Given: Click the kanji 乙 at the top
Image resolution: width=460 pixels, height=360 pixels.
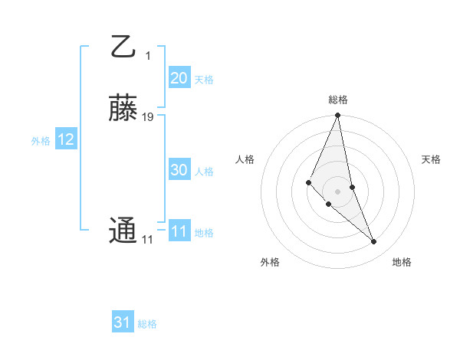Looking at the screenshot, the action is pos(123,46).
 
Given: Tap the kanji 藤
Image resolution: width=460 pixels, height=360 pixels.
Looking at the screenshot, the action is pos(123,109).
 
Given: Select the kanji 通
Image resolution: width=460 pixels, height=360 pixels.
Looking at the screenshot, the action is pos(123,231).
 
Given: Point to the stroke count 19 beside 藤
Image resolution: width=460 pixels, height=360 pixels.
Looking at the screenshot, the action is pos(148,117).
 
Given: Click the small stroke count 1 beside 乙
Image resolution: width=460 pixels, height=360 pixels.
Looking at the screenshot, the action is pos(148,55).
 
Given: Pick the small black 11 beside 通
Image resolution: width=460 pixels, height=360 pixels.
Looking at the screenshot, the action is pos(147,240).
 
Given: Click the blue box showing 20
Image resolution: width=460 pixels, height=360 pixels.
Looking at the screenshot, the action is pos(179,78).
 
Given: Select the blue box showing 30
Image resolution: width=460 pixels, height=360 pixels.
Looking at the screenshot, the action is pos(179,171).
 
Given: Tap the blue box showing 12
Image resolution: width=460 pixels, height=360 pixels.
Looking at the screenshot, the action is pos(66,140).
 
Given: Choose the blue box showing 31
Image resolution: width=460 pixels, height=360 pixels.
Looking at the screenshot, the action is pos(123,322).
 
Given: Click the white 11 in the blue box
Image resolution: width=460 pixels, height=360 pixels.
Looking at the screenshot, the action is pos(179,231).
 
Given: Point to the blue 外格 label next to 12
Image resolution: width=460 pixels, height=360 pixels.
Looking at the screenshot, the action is pos(41,141).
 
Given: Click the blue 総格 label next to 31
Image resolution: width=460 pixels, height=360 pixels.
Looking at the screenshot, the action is pos(147,324).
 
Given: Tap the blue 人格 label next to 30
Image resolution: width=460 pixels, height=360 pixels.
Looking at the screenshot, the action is pos(205,172).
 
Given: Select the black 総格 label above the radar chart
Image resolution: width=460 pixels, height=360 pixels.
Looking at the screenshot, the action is pos(338,100).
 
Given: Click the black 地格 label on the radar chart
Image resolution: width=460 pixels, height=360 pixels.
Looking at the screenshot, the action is pos(402,262).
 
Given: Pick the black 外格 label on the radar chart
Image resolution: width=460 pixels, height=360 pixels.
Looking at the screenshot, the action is pos(270,262).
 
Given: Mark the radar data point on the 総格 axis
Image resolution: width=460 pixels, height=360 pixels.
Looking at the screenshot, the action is pos(338,116).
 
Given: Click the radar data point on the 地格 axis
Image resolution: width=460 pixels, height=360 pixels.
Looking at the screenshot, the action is pos(374,242).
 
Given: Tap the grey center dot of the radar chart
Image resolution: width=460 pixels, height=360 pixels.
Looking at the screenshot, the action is pos(338,191).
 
